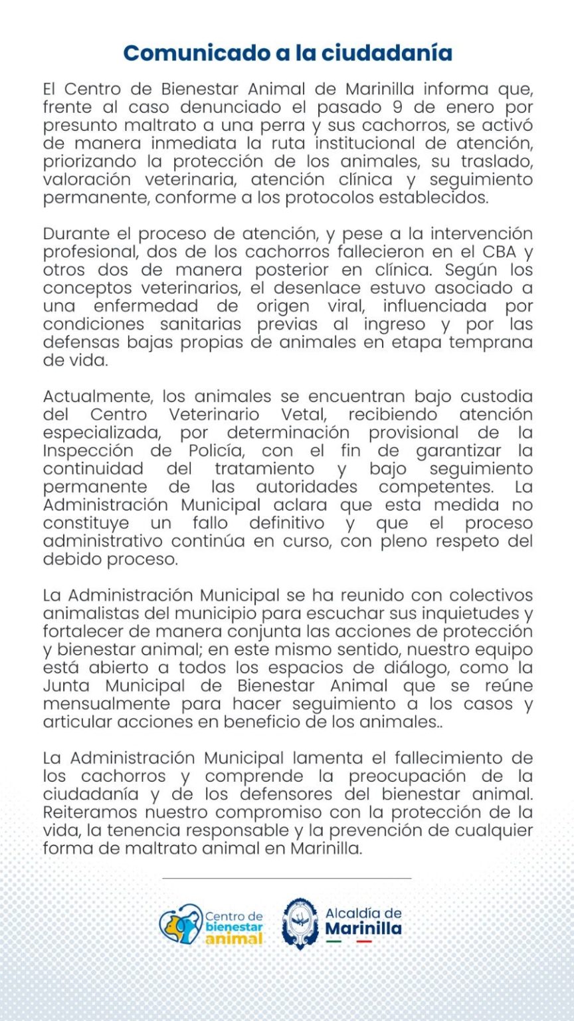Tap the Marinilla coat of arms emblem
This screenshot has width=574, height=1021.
coord(299,924)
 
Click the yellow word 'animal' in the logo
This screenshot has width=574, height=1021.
coord(234,939)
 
